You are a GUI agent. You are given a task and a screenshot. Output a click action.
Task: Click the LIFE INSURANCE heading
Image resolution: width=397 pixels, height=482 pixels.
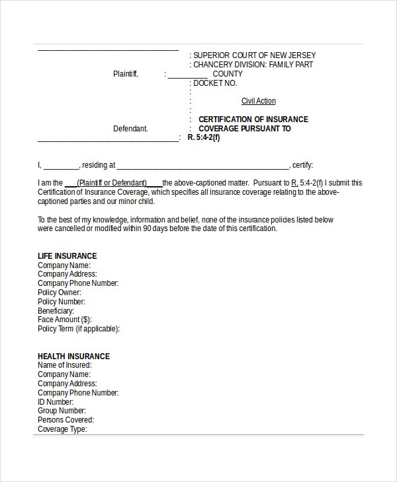click(x=67, y=256)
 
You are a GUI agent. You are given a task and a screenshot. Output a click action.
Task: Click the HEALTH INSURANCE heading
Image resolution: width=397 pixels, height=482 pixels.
click(x=73, y=357)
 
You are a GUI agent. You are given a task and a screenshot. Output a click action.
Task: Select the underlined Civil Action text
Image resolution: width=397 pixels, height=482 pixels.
click(x=258, y=101)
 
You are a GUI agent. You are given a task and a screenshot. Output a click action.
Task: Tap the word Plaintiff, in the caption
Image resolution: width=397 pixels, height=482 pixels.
click(x=126, y=74)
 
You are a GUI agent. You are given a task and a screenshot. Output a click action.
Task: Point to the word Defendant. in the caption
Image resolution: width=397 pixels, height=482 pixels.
click(x=130, y=129)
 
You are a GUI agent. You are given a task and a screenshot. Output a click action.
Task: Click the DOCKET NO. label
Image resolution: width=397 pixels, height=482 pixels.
click(x=214, y=83)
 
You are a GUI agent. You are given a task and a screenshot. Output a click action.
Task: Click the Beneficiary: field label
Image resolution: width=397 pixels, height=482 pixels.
click(x=56, y=310)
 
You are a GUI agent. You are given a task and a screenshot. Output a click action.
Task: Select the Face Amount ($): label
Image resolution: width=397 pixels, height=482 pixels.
click(x=64, y=320)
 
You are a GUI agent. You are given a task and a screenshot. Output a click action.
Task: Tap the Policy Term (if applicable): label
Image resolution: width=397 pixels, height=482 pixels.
click(x=79, y=329)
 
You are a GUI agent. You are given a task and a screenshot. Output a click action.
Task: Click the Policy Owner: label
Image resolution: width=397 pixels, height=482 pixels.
click(x=60, y=293)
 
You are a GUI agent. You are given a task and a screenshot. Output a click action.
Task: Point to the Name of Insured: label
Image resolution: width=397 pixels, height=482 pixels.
click(x=64, y=365)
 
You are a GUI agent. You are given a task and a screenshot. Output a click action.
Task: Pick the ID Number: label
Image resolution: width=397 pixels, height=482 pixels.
click(x=56, y=401)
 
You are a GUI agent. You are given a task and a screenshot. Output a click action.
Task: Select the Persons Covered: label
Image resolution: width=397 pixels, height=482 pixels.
click(x=66, y=420)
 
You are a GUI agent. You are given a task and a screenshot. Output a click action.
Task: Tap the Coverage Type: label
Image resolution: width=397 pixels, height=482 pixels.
click(x=62, y=429)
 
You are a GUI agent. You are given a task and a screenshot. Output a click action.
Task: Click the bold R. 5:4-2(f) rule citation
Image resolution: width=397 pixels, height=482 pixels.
click(x=203, y=138)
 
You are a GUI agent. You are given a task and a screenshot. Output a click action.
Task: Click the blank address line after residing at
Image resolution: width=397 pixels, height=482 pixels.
click(x=202, y=165)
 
